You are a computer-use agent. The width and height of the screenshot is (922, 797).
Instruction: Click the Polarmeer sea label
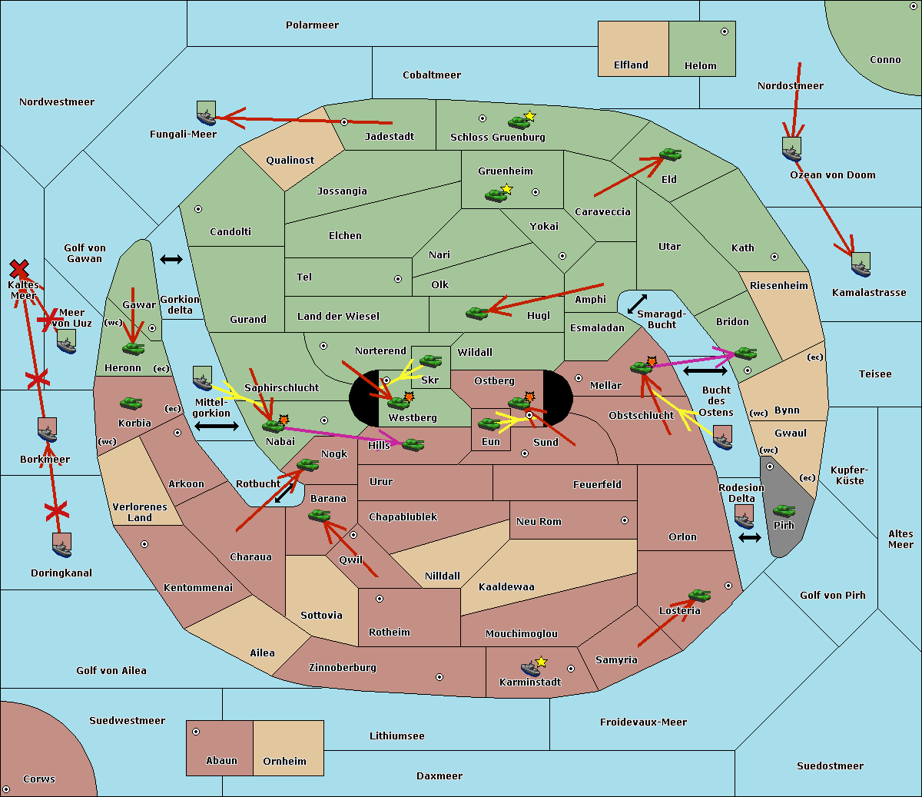312,25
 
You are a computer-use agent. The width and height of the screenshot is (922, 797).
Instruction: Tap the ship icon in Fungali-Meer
206,114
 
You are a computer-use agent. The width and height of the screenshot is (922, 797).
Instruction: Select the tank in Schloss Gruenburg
519,121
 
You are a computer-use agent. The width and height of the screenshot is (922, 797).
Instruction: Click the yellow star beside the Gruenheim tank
506,188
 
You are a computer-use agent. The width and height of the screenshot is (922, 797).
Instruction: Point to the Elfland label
631,65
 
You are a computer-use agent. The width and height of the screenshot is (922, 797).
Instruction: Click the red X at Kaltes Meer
19,269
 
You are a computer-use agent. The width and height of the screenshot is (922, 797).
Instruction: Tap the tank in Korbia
131,403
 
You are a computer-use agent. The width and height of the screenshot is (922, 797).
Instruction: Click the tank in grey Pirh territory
784,510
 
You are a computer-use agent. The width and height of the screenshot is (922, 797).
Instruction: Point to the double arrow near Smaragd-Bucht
637,304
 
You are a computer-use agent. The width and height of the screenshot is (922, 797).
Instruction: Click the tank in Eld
670,154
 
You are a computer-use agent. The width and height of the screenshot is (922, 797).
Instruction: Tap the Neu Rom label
539,521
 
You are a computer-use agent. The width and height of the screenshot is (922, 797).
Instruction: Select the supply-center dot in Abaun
196,732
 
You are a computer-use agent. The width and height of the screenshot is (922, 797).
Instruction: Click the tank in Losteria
699,595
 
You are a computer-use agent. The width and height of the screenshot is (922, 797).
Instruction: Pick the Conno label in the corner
885,60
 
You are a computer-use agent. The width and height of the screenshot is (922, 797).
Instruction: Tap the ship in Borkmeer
48,430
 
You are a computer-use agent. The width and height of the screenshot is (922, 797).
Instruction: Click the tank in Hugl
476,313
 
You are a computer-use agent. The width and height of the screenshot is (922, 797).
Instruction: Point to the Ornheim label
284,762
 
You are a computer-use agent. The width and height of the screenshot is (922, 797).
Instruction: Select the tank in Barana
319,516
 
